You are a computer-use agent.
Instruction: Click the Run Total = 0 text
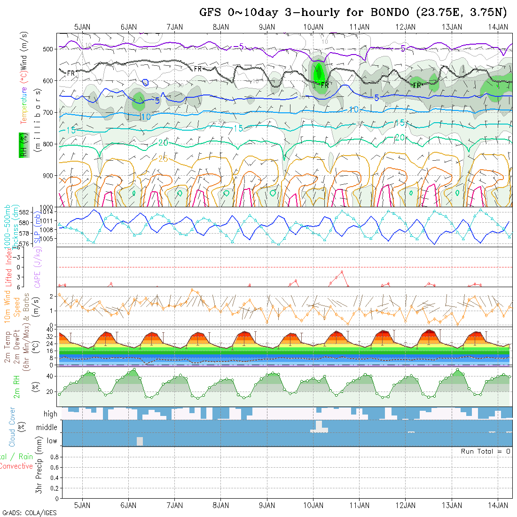click(486, 451)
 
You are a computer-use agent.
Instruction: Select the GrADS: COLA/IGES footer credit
click(30, 513)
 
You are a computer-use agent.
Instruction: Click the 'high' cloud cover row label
click(50, 414)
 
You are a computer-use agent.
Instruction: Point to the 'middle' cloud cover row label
click(47, 428)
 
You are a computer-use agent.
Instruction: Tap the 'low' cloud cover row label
click(52, 441)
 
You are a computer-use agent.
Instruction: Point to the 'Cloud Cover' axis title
click(12, 427)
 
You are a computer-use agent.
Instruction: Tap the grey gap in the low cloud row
click(140, 441)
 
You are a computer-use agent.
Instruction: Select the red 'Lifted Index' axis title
click(8, 266)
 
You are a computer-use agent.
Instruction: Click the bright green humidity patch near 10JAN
click(319, 72)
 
